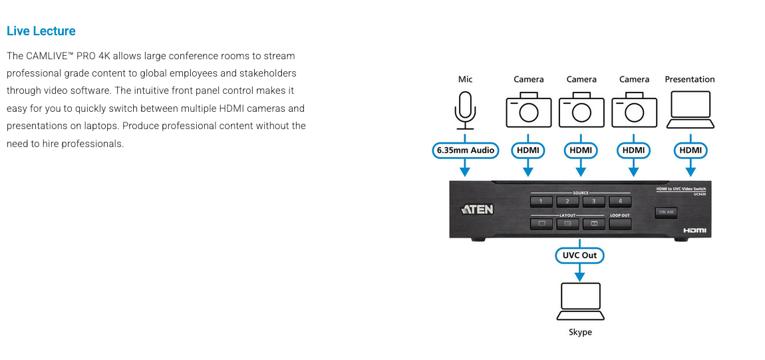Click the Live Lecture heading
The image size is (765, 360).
41,31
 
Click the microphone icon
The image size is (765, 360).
465,110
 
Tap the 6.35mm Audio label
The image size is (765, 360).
466,150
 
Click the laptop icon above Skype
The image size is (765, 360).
580,301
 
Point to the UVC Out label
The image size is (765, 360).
580,255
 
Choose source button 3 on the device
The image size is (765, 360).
593,201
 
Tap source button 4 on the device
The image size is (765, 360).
620,201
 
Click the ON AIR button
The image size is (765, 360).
666,212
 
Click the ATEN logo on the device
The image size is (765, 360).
478,210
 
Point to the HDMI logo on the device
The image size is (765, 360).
694,230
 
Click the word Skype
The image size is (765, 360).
580,332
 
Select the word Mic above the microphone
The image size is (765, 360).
465,79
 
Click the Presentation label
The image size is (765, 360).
690,79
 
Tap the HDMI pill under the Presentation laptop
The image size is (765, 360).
690,150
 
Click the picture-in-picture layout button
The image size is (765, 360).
567,224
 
